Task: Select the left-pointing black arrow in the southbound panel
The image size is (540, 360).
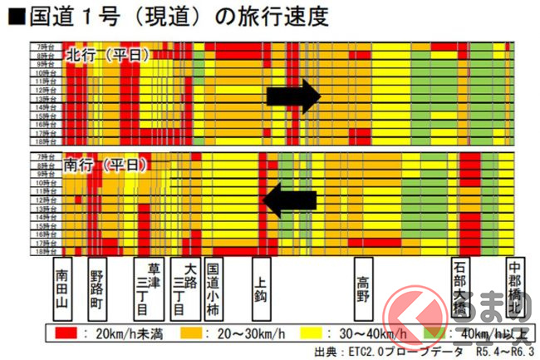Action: tap(289, 200)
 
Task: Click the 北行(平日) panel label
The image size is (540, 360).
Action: tap(108, 55)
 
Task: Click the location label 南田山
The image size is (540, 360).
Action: tap(62, 292)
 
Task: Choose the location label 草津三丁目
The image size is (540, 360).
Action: tap(151, 292)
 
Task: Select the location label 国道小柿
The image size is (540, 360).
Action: tap(214, 292)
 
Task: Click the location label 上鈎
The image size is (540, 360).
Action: tap(260, 288)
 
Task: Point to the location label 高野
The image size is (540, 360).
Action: tap(362, 288)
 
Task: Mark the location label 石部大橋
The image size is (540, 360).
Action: tap(460, 292)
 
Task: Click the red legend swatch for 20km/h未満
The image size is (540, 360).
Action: tap(66, 334)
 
